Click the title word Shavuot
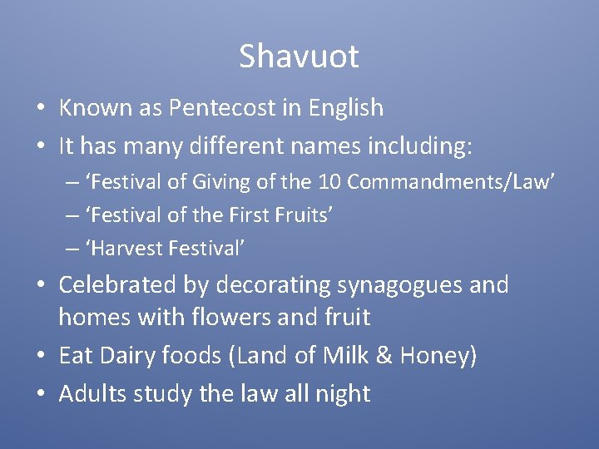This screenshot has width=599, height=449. tap(299, 57)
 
